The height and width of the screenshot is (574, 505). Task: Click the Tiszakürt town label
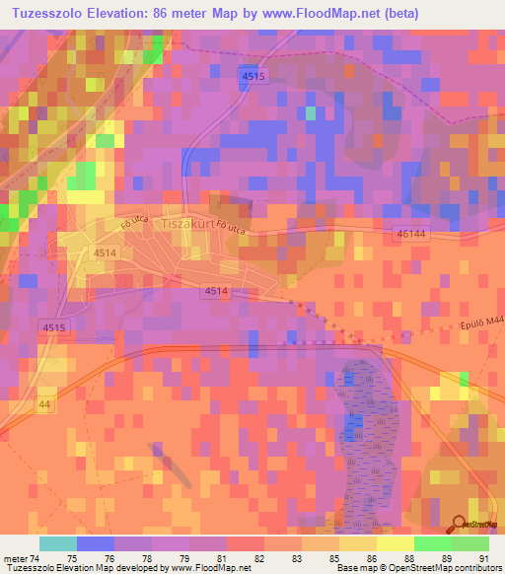pyautogui.click(x=184, y=224)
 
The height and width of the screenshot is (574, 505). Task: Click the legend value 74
pyautogui.click(x=35, y=558)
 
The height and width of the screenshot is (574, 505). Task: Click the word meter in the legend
pyautogui.click(x=15, y=558)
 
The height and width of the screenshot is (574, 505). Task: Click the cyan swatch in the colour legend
pyautogui.click(x=57, y=543)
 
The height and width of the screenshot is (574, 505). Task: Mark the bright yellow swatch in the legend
pyautogui.click(x=394, y=543)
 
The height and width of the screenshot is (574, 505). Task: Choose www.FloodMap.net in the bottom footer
pyautogui.click(x=209, y=569)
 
